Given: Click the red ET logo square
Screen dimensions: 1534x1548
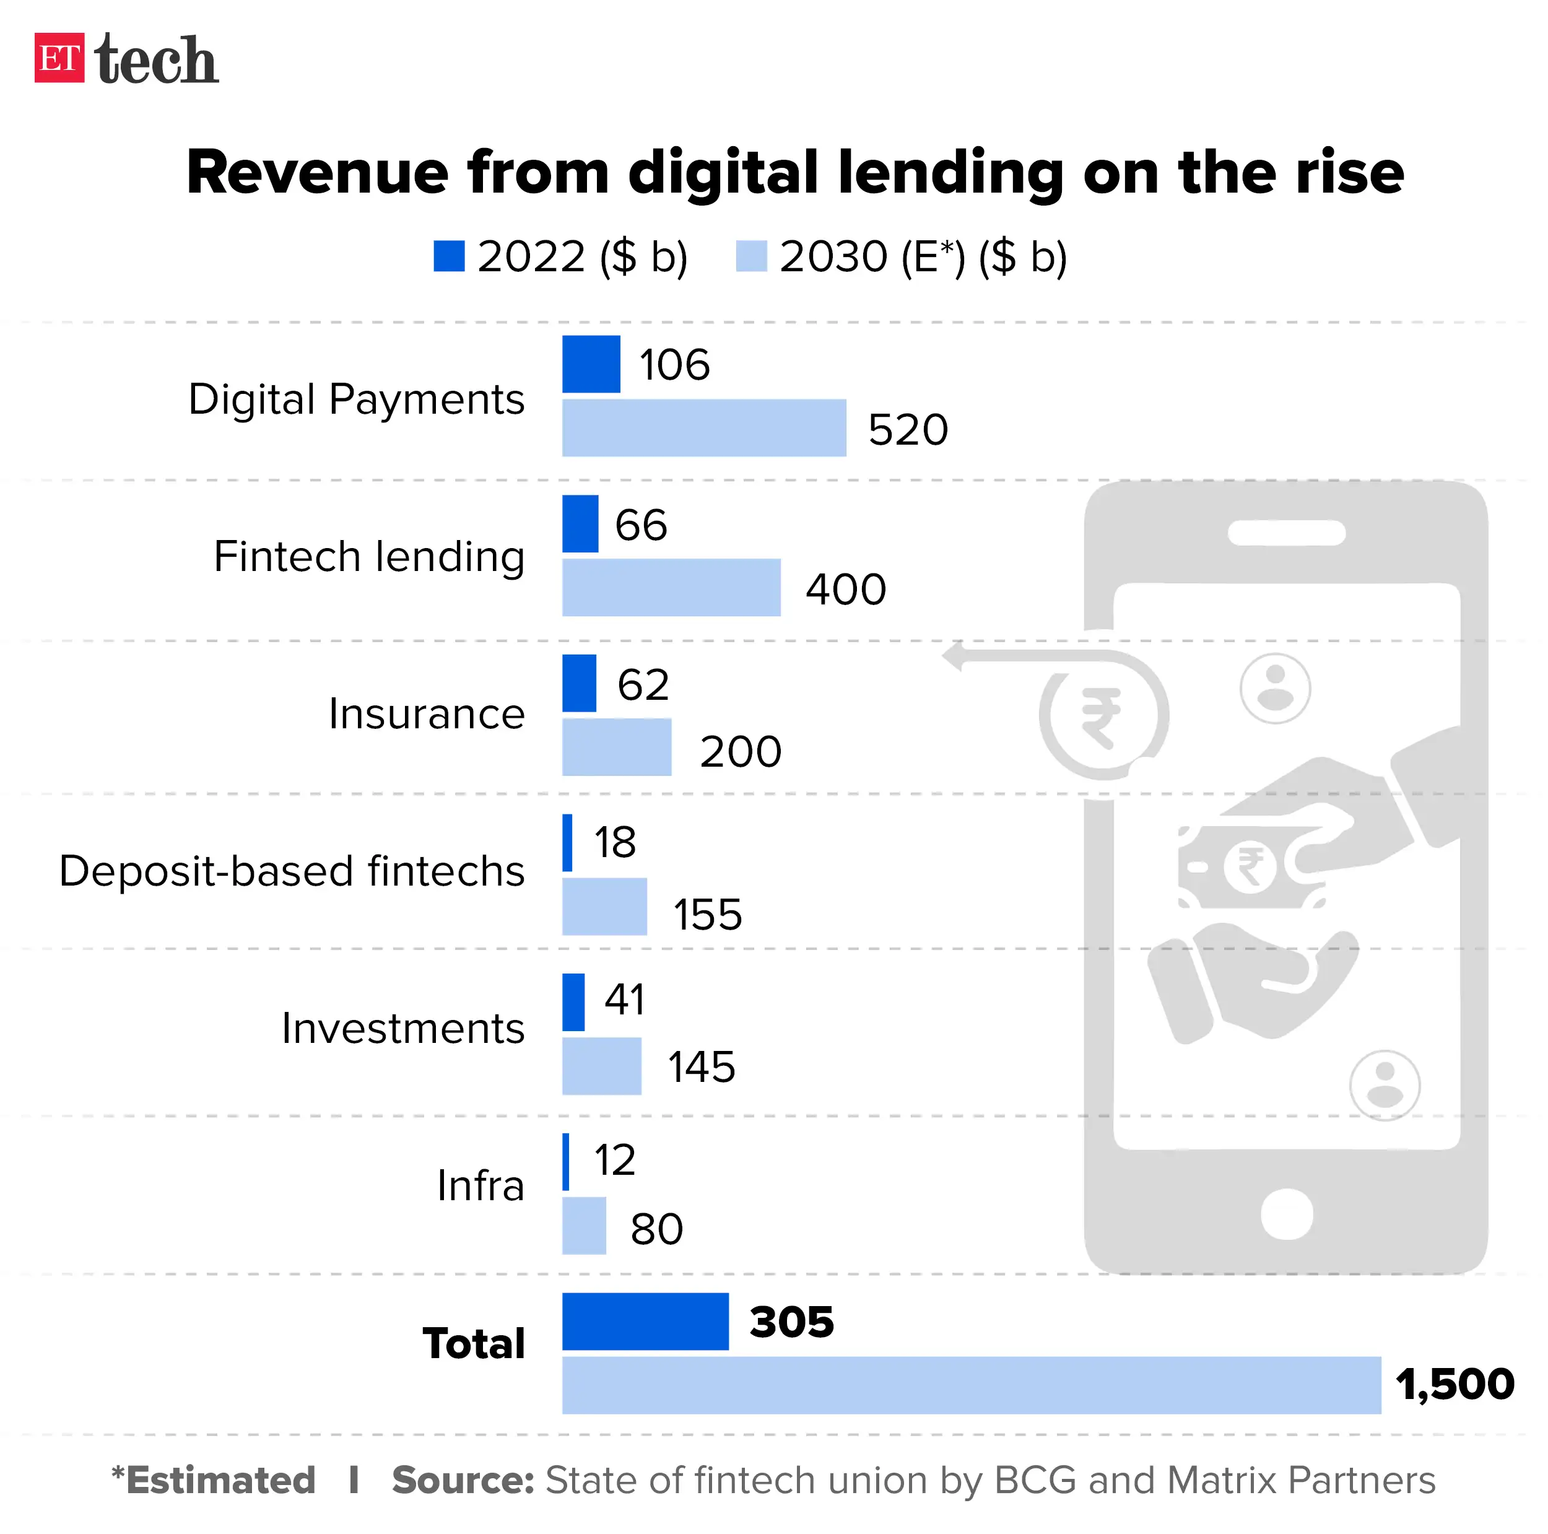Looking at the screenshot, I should [x=58, y=58].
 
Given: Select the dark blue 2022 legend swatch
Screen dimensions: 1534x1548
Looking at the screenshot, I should [x=449, y=256].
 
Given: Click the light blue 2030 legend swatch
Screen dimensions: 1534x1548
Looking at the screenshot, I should [x=750, y=256].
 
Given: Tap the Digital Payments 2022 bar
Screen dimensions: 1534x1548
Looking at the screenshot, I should [x=591, y=364].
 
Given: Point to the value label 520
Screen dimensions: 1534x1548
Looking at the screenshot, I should [x=908, y=430].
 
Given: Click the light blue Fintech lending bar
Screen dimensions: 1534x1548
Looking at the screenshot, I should [x=671, y=588].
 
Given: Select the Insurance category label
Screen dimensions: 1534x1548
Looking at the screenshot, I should [x=426, y=714].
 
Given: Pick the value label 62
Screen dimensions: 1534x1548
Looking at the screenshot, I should [x=643, y=684].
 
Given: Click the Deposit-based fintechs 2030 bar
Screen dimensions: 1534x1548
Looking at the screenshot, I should [x=604, y=907].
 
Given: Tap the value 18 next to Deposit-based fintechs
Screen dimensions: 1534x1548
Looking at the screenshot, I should [x=614, y=842].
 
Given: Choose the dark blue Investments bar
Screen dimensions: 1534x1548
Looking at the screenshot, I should [x=573, y=1002].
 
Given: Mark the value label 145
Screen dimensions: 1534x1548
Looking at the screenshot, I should [x=701, y=1067].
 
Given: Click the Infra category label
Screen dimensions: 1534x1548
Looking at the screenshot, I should [x=480, y=1185].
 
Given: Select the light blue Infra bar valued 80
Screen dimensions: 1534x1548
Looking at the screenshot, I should [x=583, y=1226].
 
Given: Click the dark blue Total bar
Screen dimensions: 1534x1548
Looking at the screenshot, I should [x=645, y=1322].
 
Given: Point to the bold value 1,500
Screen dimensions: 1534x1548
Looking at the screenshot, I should [x=1455, y=1384].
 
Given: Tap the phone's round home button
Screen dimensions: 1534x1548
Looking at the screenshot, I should [x=1287, y=1213].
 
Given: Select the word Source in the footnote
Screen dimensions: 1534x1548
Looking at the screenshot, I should [x=463, y=1480].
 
